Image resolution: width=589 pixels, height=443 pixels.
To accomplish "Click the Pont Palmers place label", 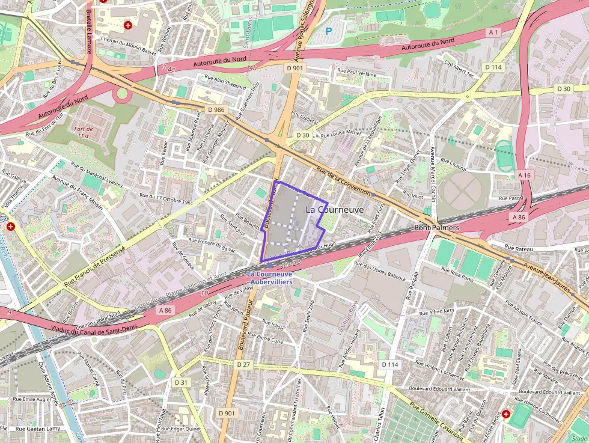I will (437, 228).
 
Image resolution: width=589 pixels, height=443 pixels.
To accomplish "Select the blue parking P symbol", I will (328, 31).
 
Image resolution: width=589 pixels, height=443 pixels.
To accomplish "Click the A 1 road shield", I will (494, 31).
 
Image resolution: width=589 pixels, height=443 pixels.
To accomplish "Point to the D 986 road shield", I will (216, 109).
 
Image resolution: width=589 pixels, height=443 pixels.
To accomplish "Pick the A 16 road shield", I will (524, 174).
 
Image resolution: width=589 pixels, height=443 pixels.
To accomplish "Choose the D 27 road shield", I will (243, 364).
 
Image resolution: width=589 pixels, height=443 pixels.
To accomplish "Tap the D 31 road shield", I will (182, 382).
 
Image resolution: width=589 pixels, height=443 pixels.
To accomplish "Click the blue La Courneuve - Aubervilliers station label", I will (270, 278).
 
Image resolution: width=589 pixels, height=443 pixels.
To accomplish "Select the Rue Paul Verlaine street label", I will (361, 73).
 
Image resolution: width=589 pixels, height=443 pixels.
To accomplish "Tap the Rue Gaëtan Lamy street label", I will (38, 429).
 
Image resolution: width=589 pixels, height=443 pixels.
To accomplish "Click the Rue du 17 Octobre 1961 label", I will (166, 199).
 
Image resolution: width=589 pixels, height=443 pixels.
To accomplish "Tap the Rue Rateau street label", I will (518, 247).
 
